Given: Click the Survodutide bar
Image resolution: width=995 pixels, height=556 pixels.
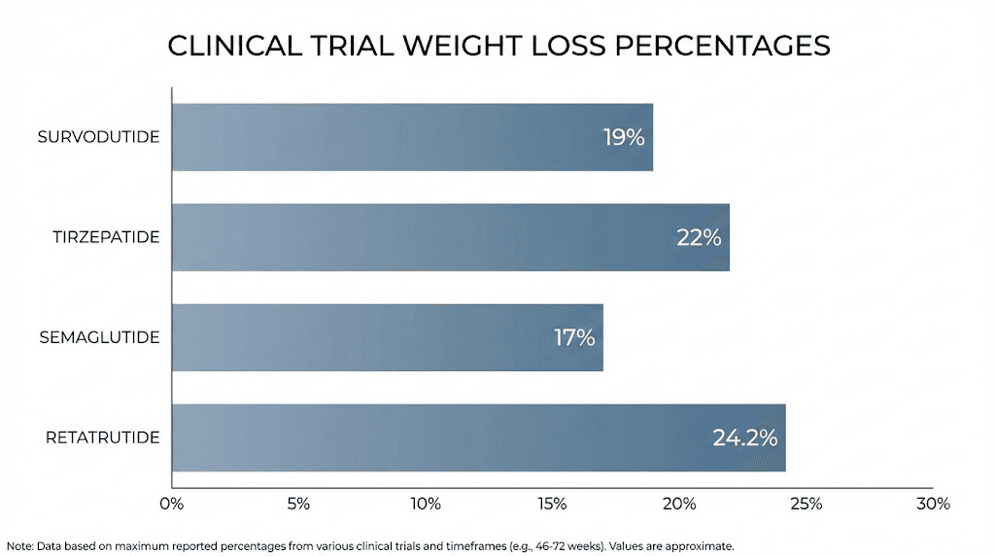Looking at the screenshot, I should pos(412,137).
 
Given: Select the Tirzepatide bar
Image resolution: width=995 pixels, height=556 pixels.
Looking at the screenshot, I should pos(450,237).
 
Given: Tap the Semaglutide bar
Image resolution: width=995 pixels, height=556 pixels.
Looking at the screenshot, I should pos(387,337).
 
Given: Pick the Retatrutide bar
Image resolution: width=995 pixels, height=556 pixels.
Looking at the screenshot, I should pos(478,437).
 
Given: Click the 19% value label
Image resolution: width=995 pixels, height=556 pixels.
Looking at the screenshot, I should pos(624,137).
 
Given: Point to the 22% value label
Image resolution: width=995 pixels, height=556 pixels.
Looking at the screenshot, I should pos(699,237).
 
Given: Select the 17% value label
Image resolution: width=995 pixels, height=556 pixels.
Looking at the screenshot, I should pos(573,337).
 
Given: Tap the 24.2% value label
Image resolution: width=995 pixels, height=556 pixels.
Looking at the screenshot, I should pos(745,437).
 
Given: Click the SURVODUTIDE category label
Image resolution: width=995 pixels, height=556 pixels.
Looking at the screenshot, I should pos(98,137).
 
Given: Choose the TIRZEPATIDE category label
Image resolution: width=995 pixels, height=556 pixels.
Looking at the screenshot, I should pos(106,237).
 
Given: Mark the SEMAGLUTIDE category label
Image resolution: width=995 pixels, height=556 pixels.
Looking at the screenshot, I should pos(99,337).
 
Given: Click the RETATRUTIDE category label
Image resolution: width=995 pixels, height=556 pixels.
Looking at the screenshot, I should pos(102,437).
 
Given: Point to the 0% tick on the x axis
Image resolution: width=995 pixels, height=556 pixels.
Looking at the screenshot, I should pos(171,504).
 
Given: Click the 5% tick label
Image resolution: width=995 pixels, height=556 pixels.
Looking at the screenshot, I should pos(298,504).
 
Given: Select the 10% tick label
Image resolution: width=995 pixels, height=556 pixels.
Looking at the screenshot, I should pos(426,504).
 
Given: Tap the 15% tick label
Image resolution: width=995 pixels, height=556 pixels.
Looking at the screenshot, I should pos(552,504).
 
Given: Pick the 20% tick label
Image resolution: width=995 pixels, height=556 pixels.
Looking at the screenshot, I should pos(679,504).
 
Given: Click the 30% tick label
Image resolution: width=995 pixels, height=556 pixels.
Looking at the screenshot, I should pos(933,504).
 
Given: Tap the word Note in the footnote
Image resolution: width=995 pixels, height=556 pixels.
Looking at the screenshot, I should pos(18,546).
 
